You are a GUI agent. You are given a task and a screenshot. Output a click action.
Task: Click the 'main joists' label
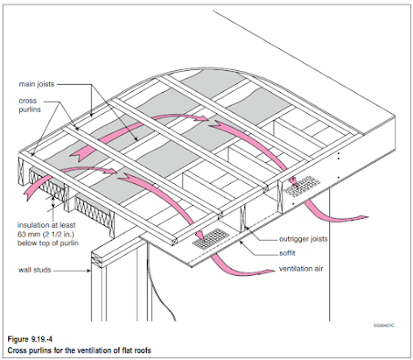pyautogui.click(x=36, y=84)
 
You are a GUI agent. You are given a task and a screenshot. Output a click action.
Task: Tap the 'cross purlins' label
pyautogui.click(x=29, y=105)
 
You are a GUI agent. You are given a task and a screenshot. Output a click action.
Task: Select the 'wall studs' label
pyautogui.click(x=35, y=270)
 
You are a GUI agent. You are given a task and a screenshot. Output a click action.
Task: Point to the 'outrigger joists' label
pyautogui.click(x=304, y=239)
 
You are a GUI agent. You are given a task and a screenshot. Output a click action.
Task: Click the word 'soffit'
pyautogui.click(x=287, y=253)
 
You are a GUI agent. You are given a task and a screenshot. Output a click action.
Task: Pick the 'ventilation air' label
pyautogui.click(x=301, y=269)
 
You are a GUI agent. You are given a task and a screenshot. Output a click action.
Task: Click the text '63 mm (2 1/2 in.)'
pyautogui.click(x=46, y=234)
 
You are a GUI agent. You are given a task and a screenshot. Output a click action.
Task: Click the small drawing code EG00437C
pyautogui.click(x=384, y=325)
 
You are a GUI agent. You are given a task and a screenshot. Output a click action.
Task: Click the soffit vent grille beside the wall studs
pyautogui.click(x=211, y=239)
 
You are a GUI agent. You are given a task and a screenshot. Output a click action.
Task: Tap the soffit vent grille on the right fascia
pyautogui.click(x=302, y=186)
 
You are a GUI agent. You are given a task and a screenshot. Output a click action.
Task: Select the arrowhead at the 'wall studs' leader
pyautogui.click(x=89, y=270)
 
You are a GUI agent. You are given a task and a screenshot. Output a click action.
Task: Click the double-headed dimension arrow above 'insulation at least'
pyautogui.click(x=53, y=201)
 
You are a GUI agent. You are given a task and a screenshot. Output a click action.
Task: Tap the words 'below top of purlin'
pyautogui.click(x=48, y=243)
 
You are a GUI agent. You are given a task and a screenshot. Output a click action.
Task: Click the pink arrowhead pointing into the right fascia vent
pyautogui.click(x=294, y=181)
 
